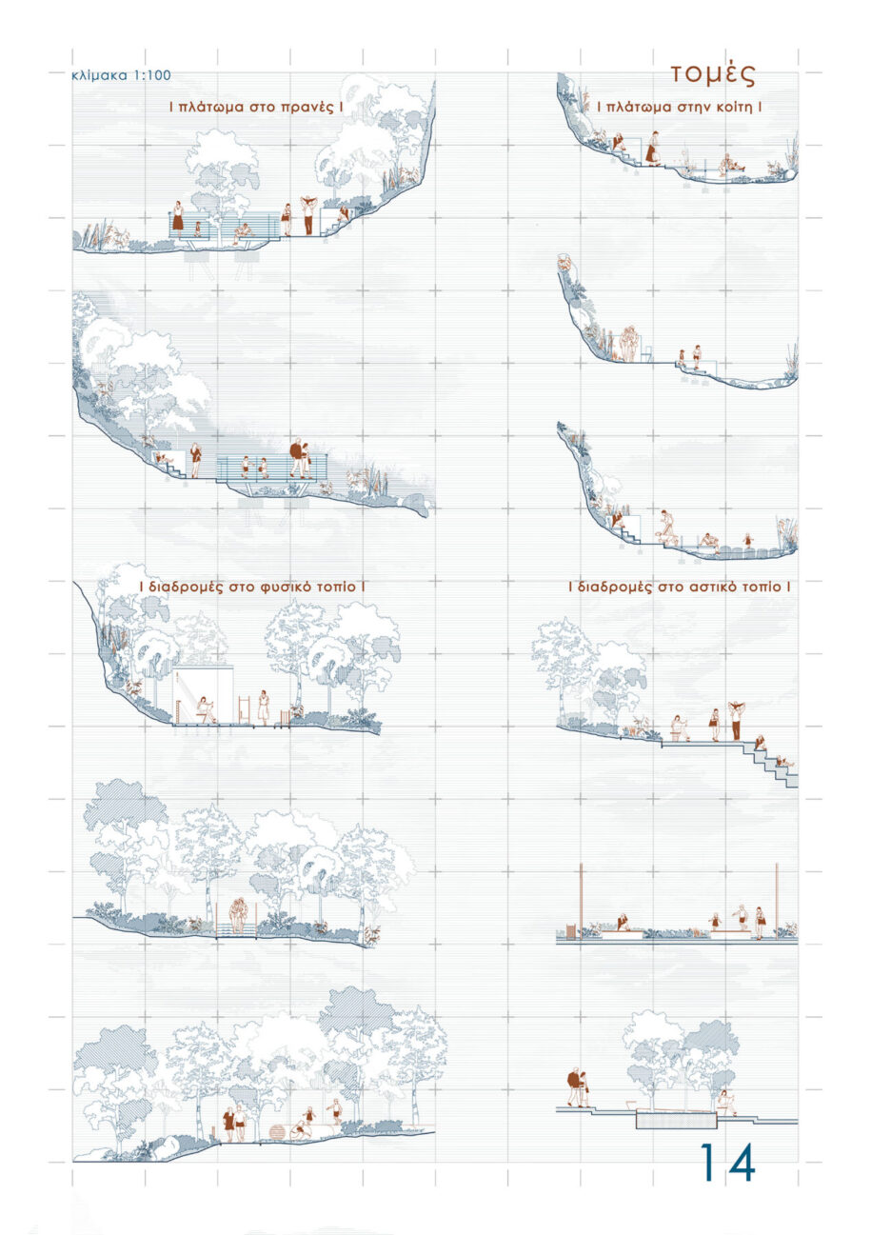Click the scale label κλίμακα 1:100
(x=121, y=76)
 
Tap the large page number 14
(x=728, y=1162)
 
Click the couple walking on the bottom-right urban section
(x=578, y=1088)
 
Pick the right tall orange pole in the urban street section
(x=778, y=897)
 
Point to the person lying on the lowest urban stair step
(x=782, y=761)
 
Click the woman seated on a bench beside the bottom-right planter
(x=727, y=1103)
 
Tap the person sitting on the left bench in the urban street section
(x=623, y=922)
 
